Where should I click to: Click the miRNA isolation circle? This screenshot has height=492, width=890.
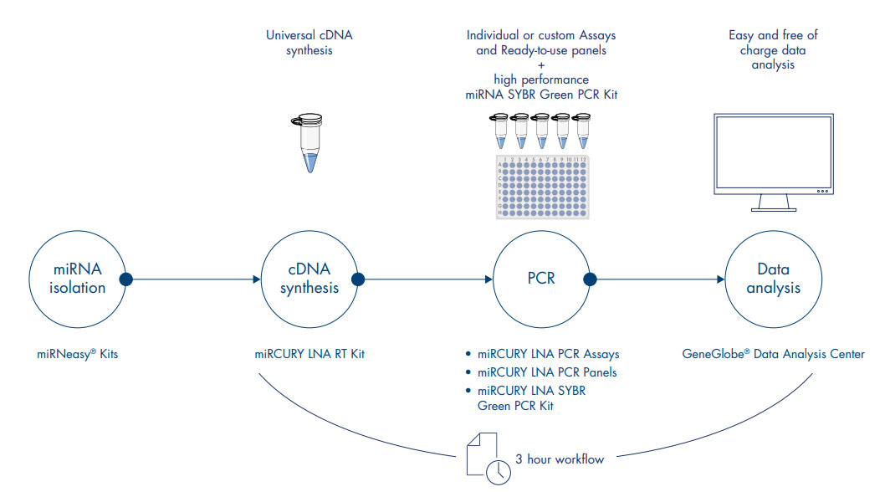tap(76, 279)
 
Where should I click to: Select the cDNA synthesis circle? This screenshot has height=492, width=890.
tap(309, 279)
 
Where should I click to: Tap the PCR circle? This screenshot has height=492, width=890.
tap(541, 279)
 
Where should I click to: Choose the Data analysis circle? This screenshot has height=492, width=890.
tap(773, 279)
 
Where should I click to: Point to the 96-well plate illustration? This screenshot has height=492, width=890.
tap(541, 186)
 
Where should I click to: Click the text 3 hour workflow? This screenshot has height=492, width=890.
tap(560, 459)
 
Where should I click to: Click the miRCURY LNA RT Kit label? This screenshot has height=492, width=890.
tap(309, 354)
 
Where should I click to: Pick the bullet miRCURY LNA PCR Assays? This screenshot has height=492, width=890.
tap(548, 354)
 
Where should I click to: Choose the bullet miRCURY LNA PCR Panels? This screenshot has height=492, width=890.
tap(547, 372)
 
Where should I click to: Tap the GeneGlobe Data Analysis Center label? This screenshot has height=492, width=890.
tap(773, 354)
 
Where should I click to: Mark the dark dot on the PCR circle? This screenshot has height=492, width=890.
tap(590, 279)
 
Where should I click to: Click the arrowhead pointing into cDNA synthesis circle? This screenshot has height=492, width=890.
tap(257, 279)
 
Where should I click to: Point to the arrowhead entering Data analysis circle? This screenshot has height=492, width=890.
tap(721, 279)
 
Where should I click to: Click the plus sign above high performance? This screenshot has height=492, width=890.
tap(541, 64)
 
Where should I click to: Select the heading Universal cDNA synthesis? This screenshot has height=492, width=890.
tap(309, 42)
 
